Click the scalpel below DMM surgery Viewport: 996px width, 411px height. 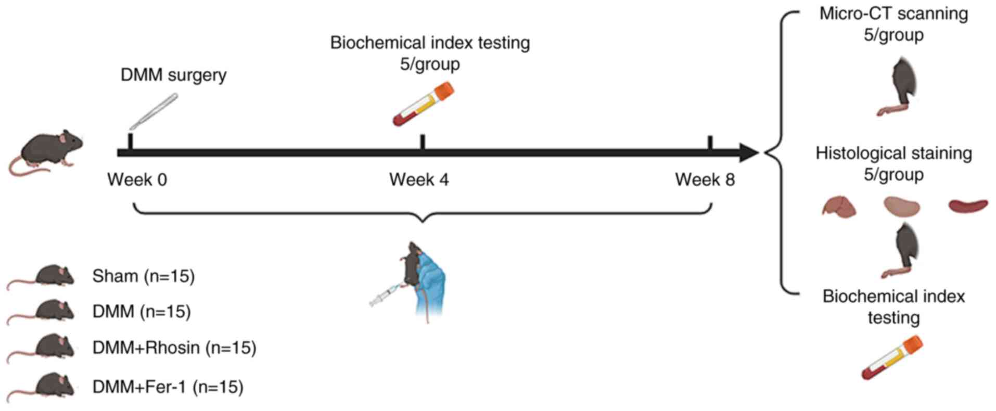pyautogui.click(x=154, y=111)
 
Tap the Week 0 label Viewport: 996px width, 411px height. pyautogui.click(x=137, y=180)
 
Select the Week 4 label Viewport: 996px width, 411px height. pyautogui.click(x=419, y=180)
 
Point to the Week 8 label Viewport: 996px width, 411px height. pyautogui.click(x=705, y=180)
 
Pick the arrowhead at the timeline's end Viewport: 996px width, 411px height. pyautogui.click(x=748, y=153)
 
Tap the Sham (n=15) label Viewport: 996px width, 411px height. pyautogui.click(x=144, y=276)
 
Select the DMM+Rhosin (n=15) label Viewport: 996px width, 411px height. pyautogui.click(x=174, y=348)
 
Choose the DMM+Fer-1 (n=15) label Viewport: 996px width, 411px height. pyautogui.click(x=168, y=387)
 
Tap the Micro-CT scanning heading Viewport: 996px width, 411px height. pyautogui.click(x=893, y=14)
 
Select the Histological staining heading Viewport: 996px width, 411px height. pyautogui.click(x=893, y=153)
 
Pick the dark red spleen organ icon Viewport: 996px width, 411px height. pyautogui.click(x=968, y=205)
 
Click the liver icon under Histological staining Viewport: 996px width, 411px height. pyautogui.click(x=839, y=207)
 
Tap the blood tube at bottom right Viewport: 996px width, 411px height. pyautogui.click(x=891, y=357)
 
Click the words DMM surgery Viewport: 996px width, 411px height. pyautogui.click(x=173, y=75)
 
